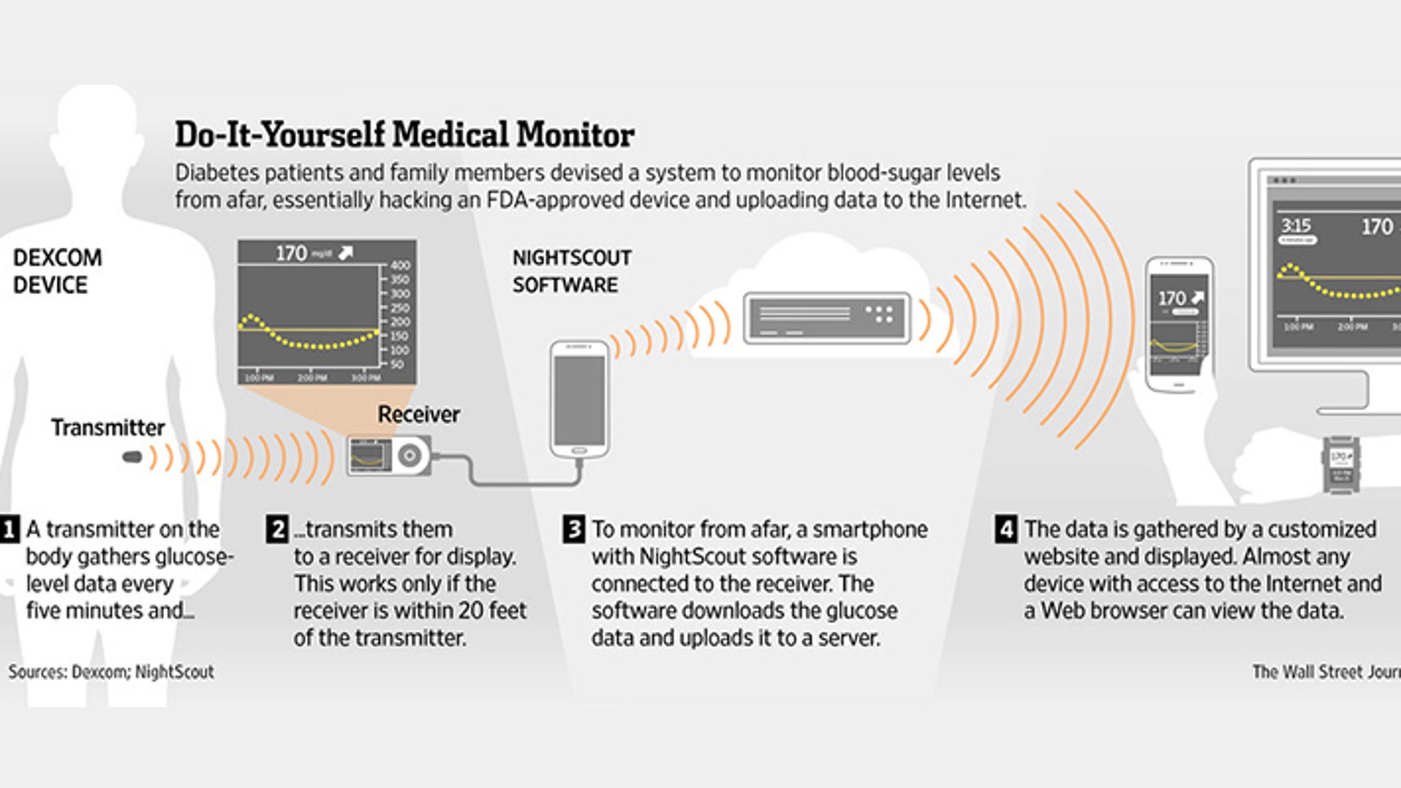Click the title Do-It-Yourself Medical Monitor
(404, 135)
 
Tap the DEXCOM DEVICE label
(57, 271)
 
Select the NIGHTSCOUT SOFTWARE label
(572, 271)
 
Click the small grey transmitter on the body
(132, 457)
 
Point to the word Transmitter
(108, 428)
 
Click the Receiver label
(418, 414)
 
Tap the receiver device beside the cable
(389, 456)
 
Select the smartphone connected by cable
(579, 400)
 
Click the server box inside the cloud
(827, 318)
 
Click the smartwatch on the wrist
(1340, 465)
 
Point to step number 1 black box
(9, 530)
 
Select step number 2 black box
(277, 530)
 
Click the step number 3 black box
(574, 530)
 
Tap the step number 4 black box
(1005, 530)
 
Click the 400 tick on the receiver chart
(399, 266)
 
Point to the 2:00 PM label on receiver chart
(312, 378)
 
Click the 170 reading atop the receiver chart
(291, 253)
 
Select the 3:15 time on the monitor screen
(1295, 226)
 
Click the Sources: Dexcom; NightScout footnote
(111, 672)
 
